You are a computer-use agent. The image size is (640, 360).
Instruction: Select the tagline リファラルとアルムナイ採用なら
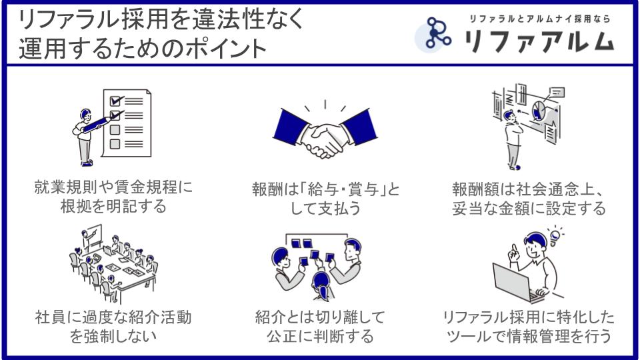pyautogui.click(x=539, y=19)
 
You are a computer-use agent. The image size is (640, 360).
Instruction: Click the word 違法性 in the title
pyautogui.click(x=229, y=19)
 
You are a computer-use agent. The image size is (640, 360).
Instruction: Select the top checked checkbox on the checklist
pyautogui.click(x=116, y=100)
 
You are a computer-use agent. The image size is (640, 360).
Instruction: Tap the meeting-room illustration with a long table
pyautogui.click(x=113, y=263)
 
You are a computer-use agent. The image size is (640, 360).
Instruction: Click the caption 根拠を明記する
pyautogui.click(x=113, y=206)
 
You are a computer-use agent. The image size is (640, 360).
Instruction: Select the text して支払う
pyautogui.click(x=325, y=208)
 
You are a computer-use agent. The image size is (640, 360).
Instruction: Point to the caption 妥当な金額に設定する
pyautogui.click(x=529, y=208)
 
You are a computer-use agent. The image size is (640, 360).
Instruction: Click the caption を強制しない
pyautogui.click(x=113, y=336)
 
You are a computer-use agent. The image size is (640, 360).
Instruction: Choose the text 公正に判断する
pyautogui.click(x=321, y=336)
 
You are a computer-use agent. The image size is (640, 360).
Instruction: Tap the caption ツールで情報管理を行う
pyautogui.click(x=529, y=336)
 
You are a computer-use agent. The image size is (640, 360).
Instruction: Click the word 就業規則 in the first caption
pyautogui.click(x=66, y=187)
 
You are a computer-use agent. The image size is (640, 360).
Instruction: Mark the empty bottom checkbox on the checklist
pyautogui.click(x=115, y=144)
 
